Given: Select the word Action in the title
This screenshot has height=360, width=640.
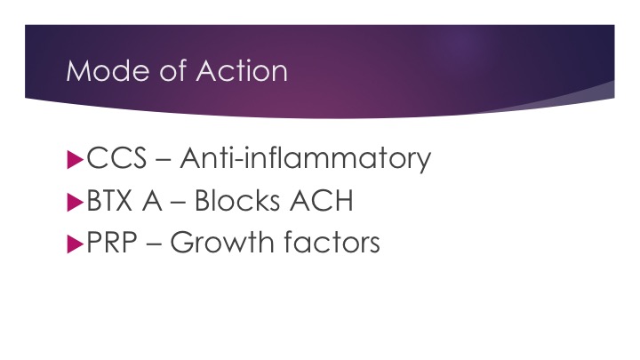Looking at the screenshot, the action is [x=242, y=70].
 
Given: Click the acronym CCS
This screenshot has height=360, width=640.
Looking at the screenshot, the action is [x=116, y=158].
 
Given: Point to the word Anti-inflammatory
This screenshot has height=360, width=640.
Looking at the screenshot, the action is [x=306, y=159].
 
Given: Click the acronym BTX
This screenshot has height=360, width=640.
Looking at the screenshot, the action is [x=110, y=201].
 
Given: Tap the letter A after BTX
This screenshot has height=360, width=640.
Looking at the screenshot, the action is [x=152, y=201].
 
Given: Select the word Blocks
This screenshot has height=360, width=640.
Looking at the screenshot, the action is [x=237, y=200].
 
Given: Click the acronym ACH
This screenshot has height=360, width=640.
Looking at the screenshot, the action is [x=321, y=200].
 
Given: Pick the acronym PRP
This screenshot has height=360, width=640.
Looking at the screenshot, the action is [x=112, y=243].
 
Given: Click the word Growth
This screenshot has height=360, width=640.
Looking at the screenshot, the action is [x=223, y=242].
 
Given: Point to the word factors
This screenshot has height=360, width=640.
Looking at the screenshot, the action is [x=332, y=242].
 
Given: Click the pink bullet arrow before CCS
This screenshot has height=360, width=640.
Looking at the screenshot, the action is [x=75, y=160].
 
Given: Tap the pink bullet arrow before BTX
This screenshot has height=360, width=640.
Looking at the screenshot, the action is [x=75, y=202].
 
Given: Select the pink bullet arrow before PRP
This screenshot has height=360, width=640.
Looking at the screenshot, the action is [x=75, y=244].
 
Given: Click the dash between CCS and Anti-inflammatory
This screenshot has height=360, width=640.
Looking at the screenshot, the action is [x=164, y=160].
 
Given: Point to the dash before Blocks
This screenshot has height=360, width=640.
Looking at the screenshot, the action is [x=179, y=203].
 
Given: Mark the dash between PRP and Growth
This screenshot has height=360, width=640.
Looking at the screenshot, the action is [x=154, y=244].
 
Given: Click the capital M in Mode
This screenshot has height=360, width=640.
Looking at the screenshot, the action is [x=79, y=71].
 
